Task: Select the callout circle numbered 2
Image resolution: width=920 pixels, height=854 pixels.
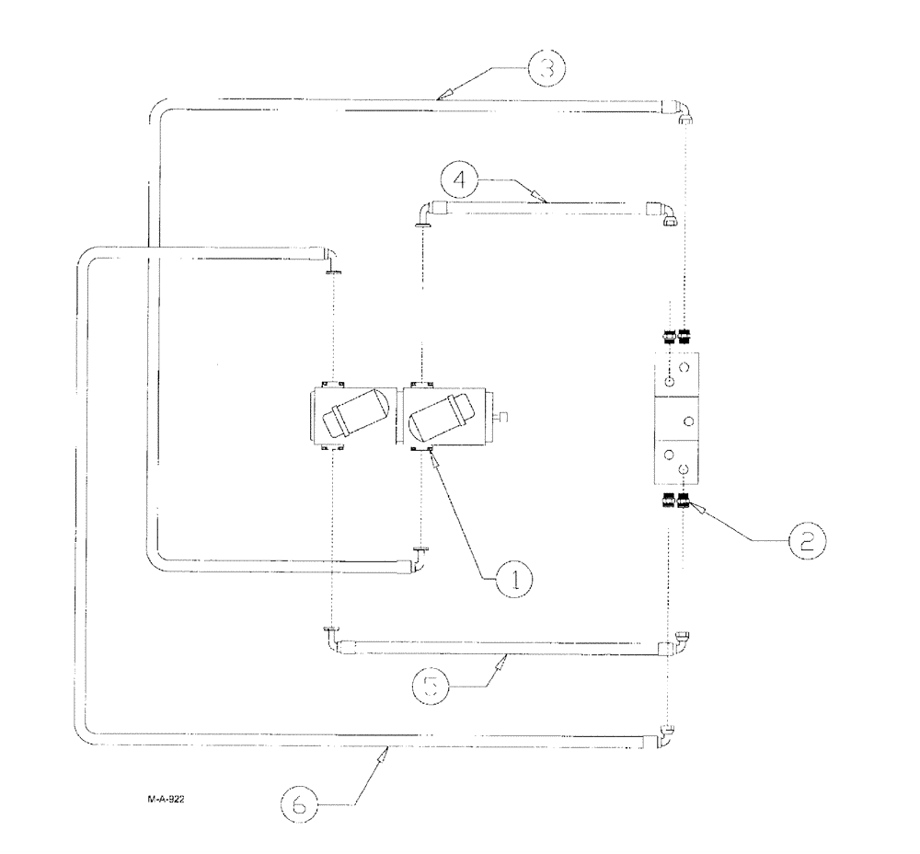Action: tap(805, 539)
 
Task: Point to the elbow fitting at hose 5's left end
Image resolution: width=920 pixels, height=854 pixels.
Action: tap(330, 635)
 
